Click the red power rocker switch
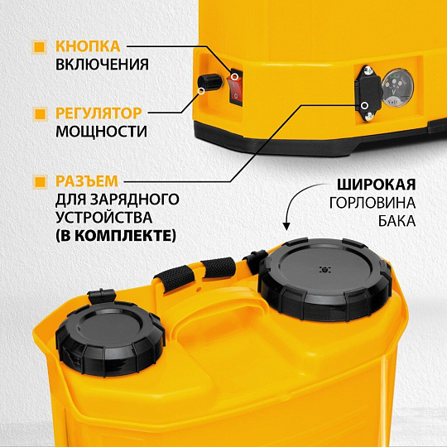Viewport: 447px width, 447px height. (236, 86)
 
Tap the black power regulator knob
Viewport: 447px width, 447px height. (209, 82)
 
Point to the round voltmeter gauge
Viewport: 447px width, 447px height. (397, 88)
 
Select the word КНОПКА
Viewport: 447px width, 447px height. (88, 46)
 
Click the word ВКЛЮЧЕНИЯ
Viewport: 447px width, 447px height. (102, 65)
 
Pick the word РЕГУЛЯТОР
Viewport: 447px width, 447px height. (99, 113)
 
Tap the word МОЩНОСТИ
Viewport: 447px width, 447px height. (101, 132)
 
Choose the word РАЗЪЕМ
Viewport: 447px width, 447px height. (86, 180)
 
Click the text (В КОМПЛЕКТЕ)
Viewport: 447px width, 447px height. (115, 236)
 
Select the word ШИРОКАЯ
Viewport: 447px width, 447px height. (376, 185)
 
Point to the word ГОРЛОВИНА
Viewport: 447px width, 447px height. (372, 203)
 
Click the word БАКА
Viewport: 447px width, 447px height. (397, 221)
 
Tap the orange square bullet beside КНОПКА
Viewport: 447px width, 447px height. (40, 46)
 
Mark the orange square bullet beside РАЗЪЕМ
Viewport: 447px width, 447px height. (40, 181)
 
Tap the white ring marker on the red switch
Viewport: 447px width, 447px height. (234, 77)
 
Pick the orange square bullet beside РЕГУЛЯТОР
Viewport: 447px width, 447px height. (40, 113)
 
